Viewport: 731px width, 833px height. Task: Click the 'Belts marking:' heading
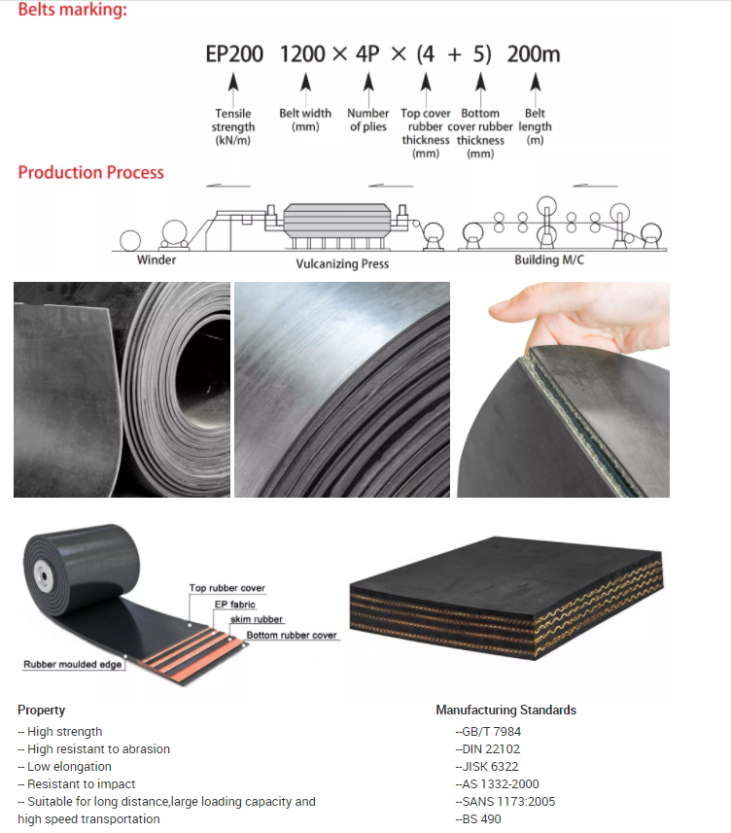point(73,11)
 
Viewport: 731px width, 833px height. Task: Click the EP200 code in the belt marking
point(233,54)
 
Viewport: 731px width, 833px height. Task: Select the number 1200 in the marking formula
point(302,54)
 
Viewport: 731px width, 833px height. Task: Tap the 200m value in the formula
point(534,54)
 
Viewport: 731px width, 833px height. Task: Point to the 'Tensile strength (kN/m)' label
point(233,126)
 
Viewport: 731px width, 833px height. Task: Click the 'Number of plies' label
point(367,120)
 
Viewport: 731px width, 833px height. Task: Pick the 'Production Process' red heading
point(90,173)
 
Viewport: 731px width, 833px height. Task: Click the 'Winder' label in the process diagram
point(157,260)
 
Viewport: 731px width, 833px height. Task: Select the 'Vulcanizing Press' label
point(342,263)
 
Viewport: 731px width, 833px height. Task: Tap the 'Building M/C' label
point(549,260)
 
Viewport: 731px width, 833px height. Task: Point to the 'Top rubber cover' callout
point(227,588)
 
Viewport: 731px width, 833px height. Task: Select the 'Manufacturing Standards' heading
point(505,710)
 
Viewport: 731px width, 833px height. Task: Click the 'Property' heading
point(42,710)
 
